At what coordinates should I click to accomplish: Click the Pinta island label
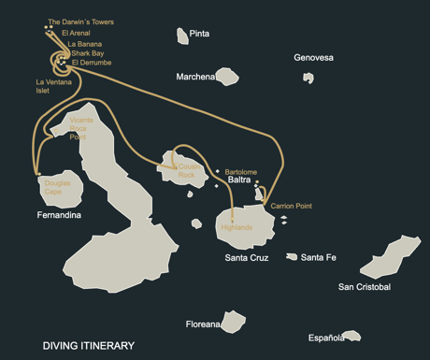click(199, 34)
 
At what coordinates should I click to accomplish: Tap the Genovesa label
click(313, 58)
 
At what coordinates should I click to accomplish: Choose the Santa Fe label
click(319, 257)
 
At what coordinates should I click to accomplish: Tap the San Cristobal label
click(365, 286)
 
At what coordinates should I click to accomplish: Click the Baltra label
click(238, 180)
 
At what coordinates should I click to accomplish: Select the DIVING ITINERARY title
click(88, 346)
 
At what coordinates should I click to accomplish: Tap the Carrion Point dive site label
click(291, 206)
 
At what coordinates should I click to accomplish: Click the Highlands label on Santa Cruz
click(236, 227)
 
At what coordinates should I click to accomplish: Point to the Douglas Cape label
click(57, 188)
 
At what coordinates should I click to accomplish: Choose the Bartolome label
click(240, 172)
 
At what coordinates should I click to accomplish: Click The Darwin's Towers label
click(80, 22)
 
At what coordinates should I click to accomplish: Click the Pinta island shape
click(182, 36)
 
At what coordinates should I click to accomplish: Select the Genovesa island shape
click(308, 78)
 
